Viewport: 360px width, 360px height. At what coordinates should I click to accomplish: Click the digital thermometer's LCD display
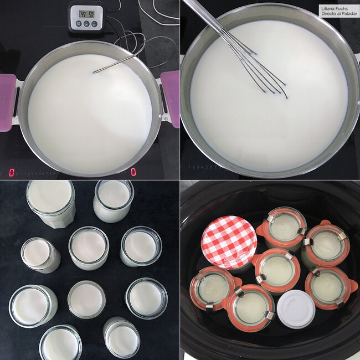pyautogui.click(x=86, y=13)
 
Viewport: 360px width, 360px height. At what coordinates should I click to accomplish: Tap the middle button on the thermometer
pyautogui.click(x=86, y=24)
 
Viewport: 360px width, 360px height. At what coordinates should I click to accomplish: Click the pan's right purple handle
pyautogui.click(x=171, y=99)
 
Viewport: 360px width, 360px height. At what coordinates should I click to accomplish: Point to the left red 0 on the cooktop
pyautogui.click(x=12, y=172)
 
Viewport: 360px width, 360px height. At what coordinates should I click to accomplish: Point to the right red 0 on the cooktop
pyautogui.click(x=133, y=172)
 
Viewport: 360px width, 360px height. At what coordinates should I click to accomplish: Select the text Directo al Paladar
pyautogui.click(x=338, y=14)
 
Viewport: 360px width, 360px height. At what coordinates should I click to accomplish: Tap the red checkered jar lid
pyautogui.click(x=229, y=243)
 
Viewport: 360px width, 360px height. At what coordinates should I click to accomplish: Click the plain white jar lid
pyautogui.click(x=296, y=308)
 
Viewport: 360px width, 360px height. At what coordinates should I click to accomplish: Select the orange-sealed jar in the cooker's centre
pyautogui.click(x=276, y=270)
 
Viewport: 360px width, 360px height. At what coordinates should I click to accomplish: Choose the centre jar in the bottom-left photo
pyautogui.click(x=88, y=247)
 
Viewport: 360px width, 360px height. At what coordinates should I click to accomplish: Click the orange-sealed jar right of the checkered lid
pyautogui.click(x=286, y=228)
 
